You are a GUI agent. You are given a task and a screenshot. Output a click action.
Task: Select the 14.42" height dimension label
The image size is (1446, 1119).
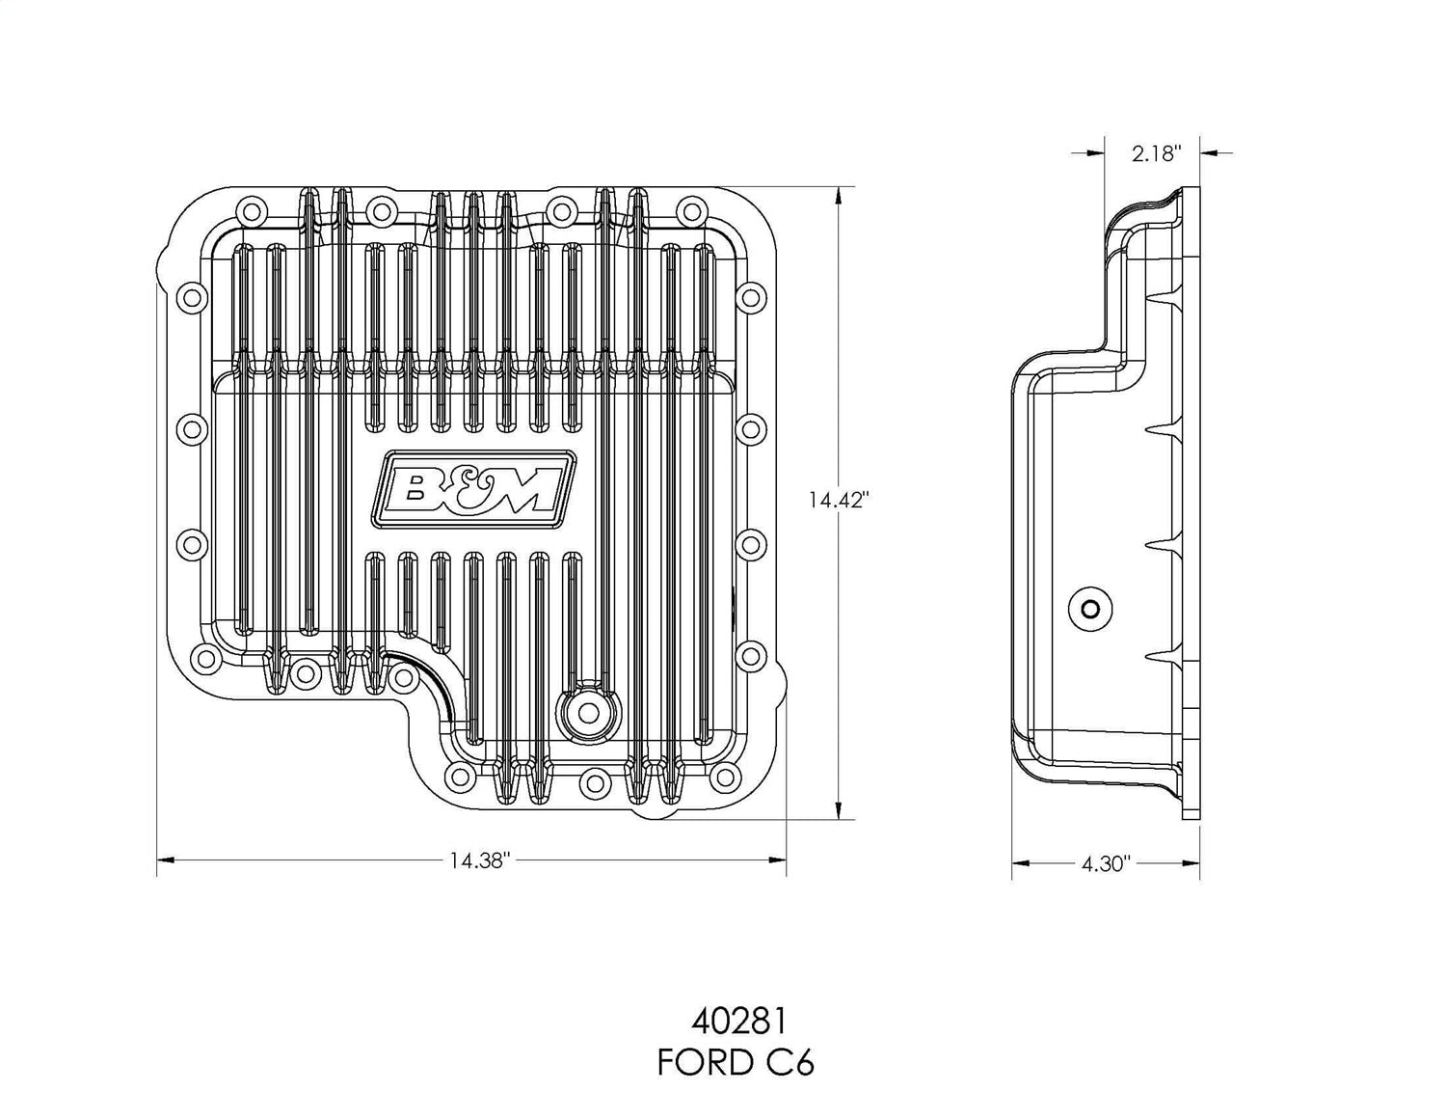coord(839,500)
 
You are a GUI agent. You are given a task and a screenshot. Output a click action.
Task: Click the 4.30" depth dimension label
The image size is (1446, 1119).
coord(1105,864)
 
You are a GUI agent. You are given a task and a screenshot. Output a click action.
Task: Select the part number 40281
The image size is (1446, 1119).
coord(736,1021)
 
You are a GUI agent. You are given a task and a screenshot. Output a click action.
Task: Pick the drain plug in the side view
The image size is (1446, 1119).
coord(1091,609)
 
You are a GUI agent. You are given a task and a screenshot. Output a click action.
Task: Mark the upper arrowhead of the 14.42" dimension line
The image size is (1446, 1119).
coord(840,194)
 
